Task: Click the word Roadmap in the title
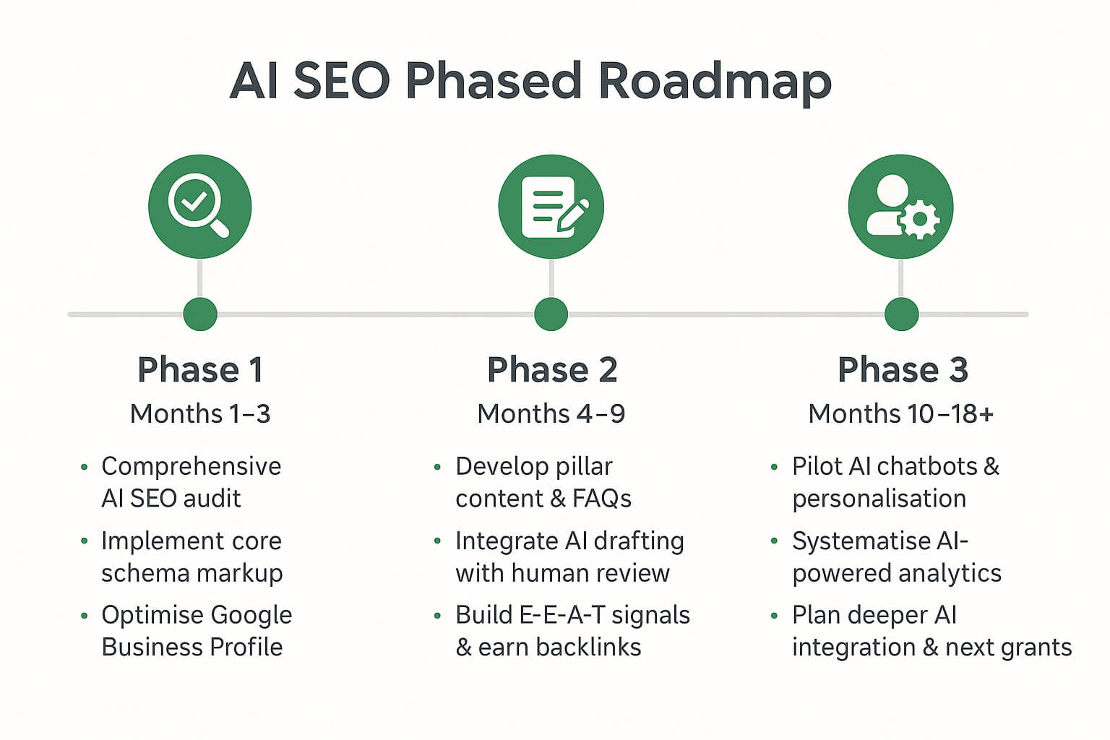(x=715, y=81)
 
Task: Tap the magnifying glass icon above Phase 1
(x=199, y=206)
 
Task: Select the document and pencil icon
(x=551, y=207)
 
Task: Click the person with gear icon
(x=900, y=207)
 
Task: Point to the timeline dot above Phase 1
(x=200, y=314)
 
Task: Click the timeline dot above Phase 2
(x=551, y=314)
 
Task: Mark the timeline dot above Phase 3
(x=901, y=314)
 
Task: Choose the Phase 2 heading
(x=552, y=370)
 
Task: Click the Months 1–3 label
(x=200, y=414)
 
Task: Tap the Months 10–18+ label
(x=901, y=414)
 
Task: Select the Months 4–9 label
(x=551, y=414)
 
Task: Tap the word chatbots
(x=926, y=466)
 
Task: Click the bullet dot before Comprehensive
(x=85, y=468)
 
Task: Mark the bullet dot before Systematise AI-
(x=775, y=541)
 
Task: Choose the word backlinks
(x=589, y=647)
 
